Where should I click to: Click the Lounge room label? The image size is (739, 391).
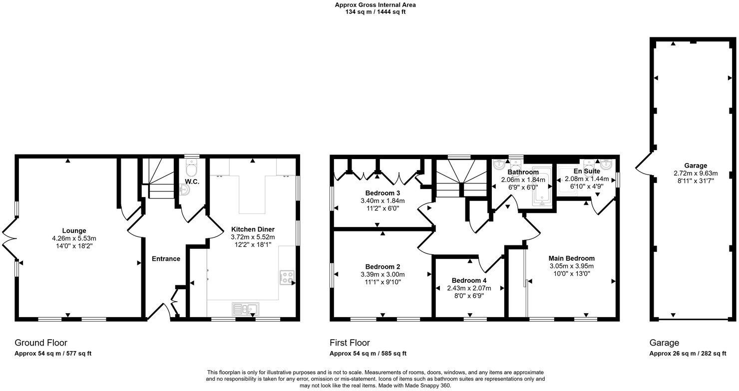[74, 230]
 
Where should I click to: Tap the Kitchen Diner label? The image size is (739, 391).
[253, 229]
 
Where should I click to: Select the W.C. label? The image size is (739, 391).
[192, 182]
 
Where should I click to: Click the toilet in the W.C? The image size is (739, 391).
[192, 166]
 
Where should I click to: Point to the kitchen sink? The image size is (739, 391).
[245, 309]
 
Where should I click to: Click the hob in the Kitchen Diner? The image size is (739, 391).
[287, 277]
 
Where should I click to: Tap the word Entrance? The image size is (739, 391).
[166, 258]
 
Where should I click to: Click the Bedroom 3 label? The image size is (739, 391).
[382, 193]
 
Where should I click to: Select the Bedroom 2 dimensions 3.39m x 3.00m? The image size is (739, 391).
[382, 274]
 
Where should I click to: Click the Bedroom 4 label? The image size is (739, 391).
[469, 280]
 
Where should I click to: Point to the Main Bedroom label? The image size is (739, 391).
[571, 258]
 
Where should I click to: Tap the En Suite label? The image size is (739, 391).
[586, 171]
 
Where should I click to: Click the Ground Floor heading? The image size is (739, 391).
[41, 343]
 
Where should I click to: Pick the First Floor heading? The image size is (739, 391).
[350, 343]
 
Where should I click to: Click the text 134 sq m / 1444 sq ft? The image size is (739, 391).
[375, 12]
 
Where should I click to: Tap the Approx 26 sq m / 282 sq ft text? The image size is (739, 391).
[688, 354]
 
